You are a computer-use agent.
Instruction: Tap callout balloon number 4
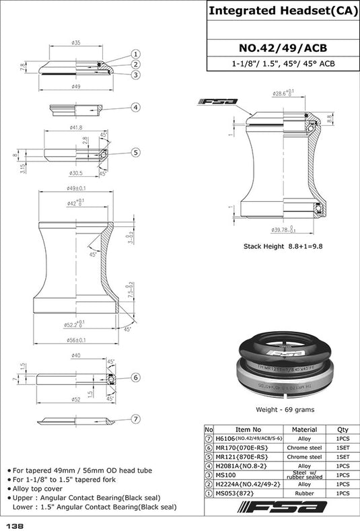tap(135, 107)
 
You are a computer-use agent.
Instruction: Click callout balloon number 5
tap(135, 153)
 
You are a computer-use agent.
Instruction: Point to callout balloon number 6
tap(135, 378)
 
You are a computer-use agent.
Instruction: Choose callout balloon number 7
tap(135, 419)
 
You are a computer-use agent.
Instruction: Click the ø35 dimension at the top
tap(75, 42)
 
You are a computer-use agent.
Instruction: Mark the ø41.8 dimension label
tap(75, 127)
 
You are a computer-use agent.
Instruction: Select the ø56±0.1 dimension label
tap(75, 339)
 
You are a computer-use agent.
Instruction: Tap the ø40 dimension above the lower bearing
tap(75, 355)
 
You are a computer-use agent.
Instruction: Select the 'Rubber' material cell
tap(304, 493)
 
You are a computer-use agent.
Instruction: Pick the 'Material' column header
tap(304, 429)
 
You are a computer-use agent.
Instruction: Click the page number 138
tap(15, 524)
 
